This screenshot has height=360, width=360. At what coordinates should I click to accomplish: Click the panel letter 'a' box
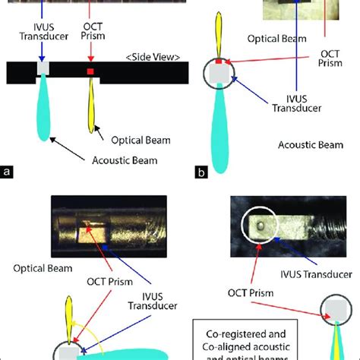pyautogui.click(x=8, y=172)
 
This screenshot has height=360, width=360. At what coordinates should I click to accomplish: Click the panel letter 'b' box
pyautogui.click(x=201, y=172)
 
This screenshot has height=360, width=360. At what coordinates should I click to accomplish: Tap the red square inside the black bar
pyautogui.click(x=90, y=72)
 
